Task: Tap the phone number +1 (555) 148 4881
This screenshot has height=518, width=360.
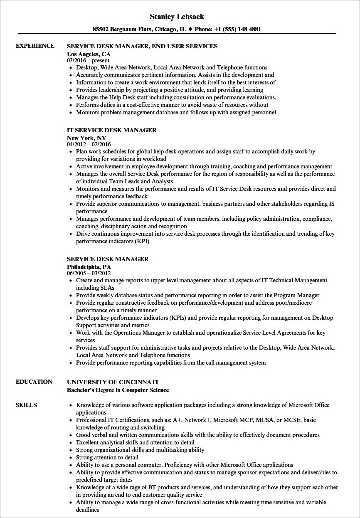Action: click(238, 30)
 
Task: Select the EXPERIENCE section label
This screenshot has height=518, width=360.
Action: click(35, 46)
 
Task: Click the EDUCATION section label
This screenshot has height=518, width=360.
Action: click(34, 382)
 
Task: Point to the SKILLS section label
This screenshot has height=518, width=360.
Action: click(26, 405)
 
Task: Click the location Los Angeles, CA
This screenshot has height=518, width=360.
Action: click(89, 54)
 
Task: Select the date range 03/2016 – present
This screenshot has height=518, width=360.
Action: click(88, 60)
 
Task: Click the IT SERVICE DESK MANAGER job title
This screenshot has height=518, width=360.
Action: click(112, 130)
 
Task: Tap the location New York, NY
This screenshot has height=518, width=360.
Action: click(86, 138)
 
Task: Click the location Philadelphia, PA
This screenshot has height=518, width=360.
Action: click(89, 266)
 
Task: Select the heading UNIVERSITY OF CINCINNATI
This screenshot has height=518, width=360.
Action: click(113, 382)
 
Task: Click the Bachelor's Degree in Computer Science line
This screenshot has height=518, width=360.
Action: click(118, 390)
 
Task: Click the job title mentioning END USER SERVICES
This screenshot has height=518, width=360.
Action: click(142, 46)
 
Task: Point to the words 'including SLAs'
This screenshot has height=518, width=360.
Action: click(95, 288)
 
